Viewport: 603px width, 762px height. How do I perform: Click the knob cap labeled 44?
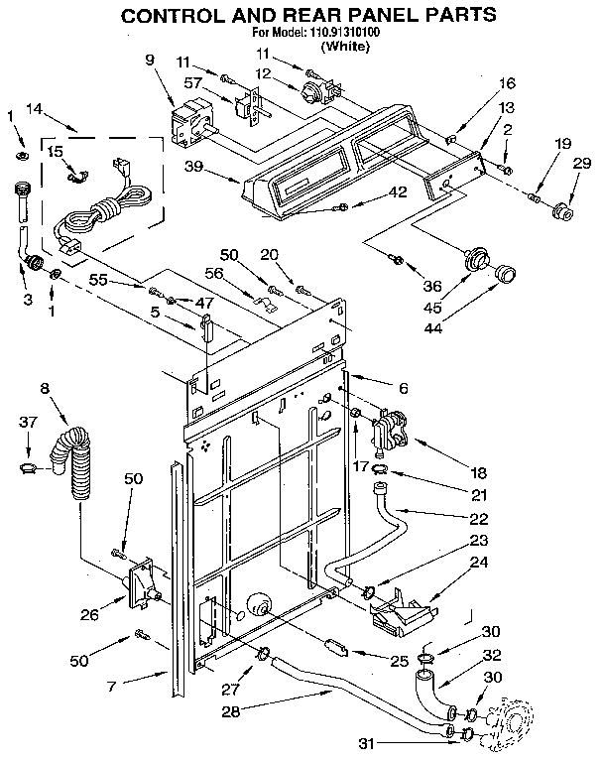pyautogui.click(x=506, y=273)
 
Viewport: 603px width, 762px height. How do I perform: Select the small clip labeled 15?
pyautogui.click(x=76, y=177)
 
